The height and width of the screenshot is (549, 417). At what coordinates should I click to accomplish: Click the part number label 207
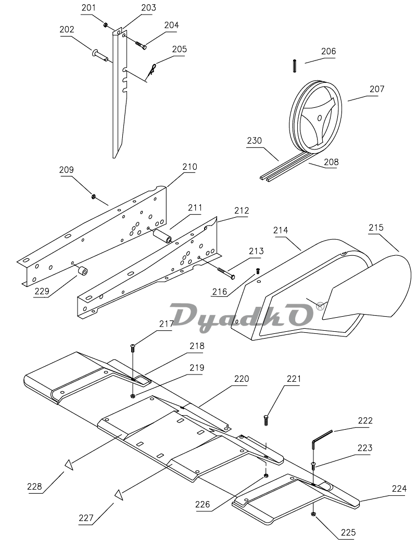(377, 89)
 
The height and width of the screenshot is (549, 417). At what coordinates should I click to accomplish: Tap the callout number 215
(376, 228)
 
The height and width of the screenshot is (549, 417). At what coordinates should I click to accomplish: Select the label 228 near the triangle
(34, 486)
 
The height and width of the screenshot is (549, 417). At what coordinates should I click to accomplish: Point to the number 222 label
(365, 420)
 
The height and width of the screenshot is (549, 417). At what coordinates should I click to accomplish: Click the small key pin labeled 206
(295, 66)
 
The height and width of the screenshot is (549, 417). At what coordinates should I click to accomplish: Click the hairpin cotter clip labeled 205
(151, 69)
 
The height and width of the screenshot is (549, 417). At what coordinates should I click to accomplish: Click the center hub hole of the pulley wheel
(319, 118)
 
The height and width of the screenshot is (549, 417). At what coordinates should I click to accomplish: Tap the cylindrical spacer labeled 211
(163, 236)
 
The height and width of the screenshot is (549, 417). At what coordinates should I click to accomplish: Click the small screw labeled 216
(258, 271)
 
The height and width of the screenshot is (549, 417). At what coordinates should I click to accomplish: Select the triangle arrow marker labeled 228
(69, 465)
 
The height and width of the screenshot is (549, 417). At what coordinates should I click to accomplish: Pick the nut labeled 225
(313, 514)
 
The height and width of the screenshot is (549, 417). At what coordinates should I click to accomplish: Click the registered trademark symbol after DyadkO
(320, 306)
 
